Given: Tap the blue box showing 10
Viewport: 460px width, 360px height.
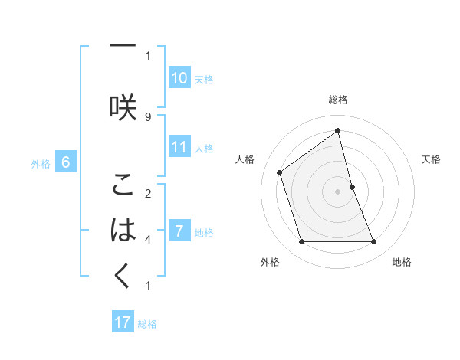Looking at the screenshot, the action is pyautogui.click(x=179, y=78).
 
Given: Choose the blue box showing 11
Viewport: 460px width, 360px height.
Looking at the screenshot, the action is pyautogui.click(x=179, y=147).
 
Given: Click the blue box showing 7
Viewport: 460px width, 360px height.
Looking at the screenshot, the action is pyautogui.click(x=179, y=231).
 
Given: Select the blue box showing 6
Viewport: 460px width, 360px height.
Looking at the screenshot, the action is pyautogui.click(x=66, y=162).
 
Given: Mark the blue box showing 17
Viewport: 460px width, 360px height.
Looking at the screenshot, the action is pyautogui.click(x=123, y=322).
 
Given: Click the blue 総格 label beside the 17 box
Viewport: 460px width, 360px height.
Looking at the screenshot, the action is pyautogui.click(x=147, y=324).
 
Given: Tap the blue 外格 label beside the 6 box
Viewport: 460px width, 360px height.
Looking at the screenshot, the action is pyautogui.click(x=41, y=163).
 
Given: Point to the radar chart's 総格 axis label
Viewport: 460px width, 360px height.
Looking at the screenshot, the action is pyautogui.click(x=338, y=100).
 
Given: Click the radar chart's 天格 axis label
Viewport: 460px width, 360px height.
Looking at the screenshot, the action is pyautogui.click(x=431, y=159).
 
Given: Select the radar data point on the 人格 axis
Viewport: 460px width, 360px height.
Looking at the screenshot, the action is pyautogui.click(x=280, y=172).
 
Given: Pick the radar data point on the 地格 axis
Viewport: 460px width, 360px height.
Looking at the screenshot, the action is pyautogui.click(x=374, y=242).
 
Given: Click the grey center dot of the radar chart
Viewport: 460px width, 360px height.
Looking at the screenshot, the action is pyautogui.click(x=338, y=191).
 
